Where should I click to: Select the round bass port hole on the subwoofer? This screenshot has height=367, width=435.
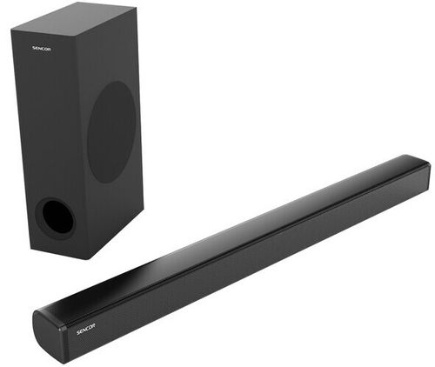point(55,217)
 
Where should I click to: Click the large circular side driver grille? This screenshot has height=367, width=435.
point(112,132)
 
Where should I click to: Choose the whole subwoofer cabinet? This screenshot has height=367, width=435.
point(78,130)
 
